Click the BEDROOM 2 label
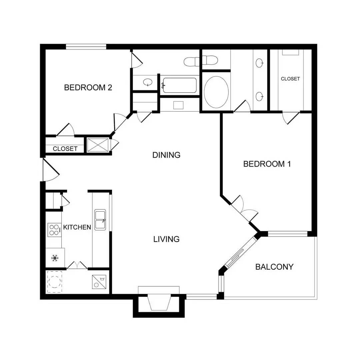pos(88,87)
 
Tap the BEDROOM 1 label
pos(267,164)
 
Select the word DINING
pos(166,155)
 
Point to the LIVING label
pos(166,239)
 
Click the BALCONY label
pos(274,267)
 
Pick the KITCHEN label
pos(77,227)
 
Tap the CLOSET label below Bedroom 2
pos(65,149)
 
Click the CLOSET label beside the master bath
pos(290,79)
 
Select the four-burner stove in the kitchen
pos(54,230)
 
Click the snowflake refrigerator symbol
pos(55,258)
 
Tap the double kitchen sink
pos(100,220)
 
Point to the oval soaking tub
pos(216,92)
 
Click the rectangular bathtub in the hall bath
pos(180,85)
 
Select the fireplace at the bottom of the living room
pos(159,302)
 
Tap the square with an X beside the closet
pos(98,145)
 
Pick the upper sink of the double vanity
pos(260,63)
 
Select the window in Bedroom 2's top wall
pos(86,47)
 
